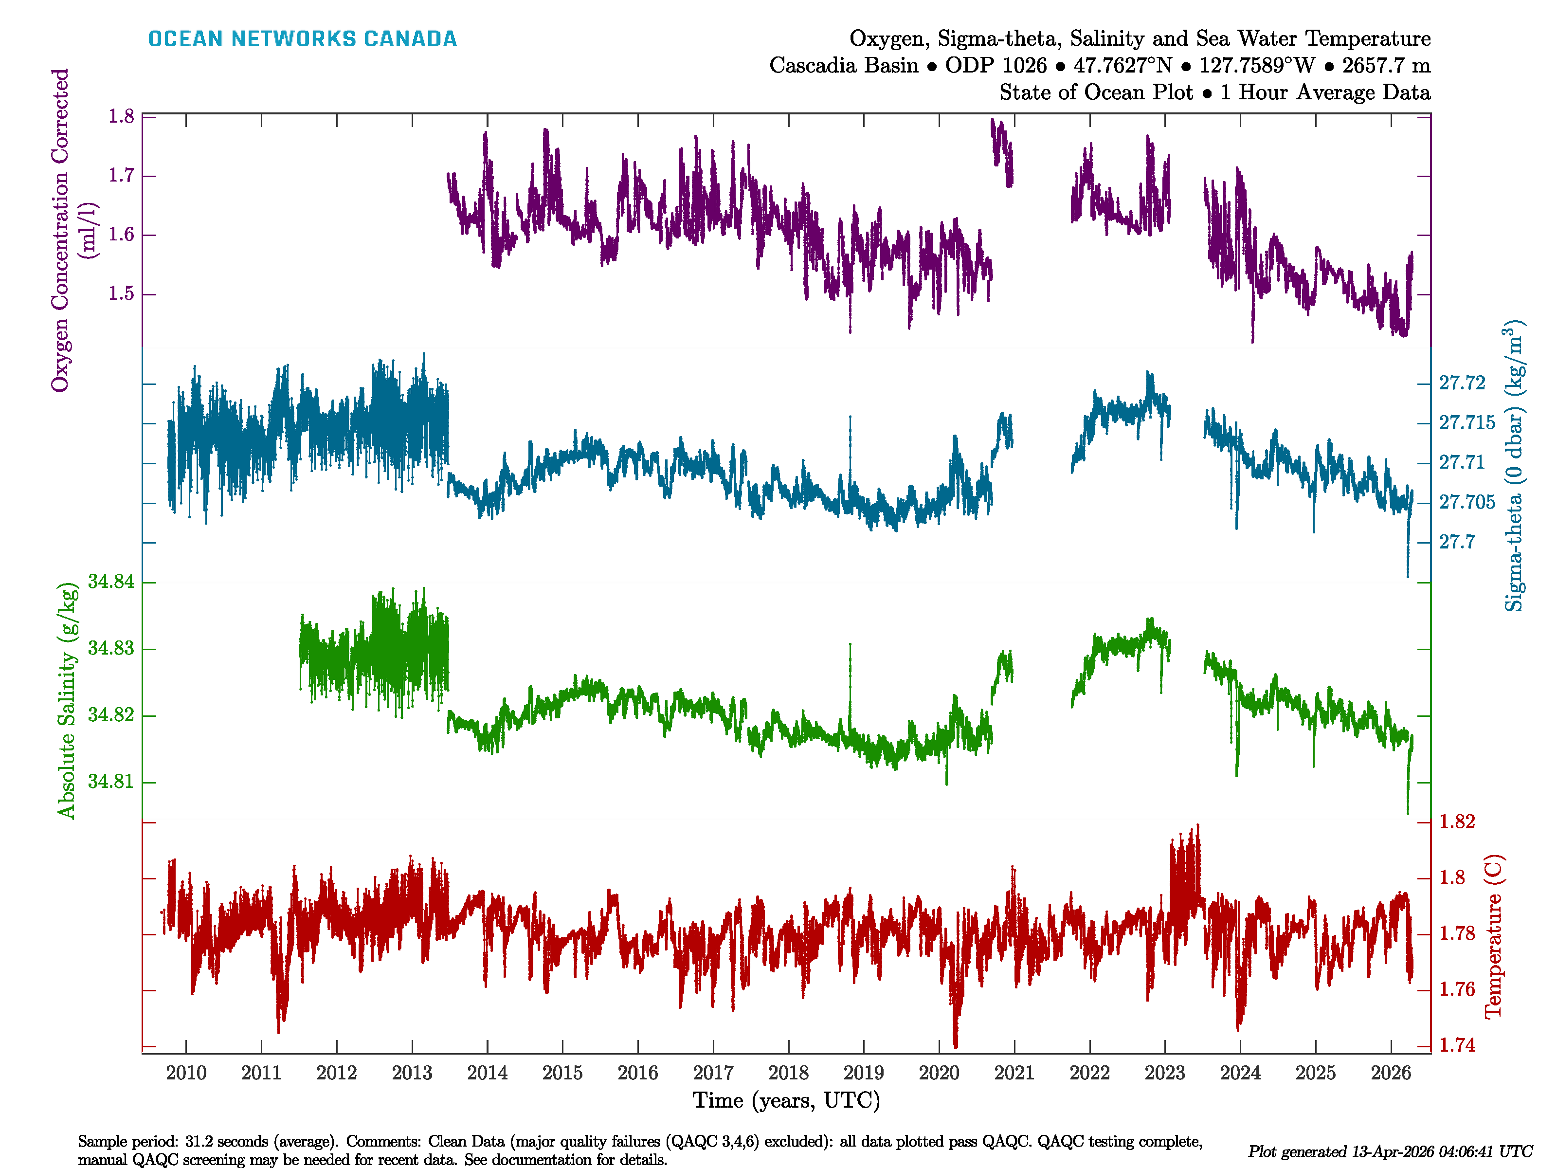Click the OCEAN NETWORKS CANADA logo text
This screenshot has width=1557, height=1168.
pos(302,39)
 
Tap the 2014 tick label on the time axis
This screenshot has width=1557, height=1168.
pos(487,1073)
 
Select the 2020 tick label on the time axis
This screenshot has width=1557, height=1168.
pos(939,1073)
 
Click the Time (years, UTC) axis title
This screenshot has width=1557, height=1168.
pos(786,1100)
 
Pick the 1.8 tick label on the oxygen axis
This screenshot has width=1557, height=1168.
pos(121,116)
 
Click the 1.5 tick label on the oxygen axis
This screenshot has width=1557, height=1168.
pos(121,293)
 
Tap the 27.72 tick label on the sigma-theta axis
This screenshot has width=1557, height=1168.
pos(1462,383)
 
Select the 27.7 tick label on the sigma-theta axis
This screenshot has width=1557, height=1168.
pos(1456,542)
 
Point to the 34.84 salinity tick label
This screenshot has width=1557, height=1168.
pos(110,582)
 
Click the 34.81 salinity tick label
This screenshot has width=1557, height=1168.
pos(110,782)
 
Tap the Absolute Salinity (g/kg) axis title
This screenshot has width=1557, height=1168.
pos(66,700)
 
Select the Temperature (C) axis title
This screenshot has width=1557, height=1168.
pos(1494,936)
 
